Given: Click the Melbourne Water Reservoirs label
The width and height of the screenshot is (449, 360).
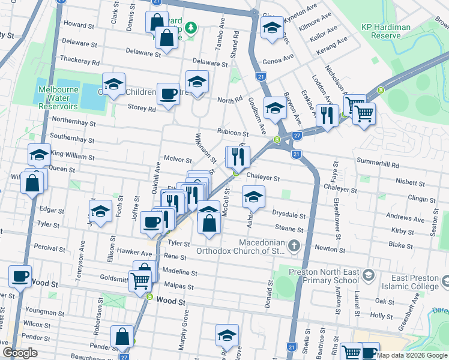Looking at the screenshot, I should click(58, 98).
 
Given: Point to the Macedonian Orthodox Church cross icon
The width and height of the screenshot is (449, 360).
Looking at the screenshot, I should click(294, 245).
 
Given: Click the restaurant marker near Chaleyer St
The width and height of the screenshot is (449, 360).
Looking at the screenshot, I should click(238, 157).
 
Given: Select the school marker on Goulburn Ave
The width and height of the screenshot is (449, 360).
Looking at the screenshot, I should click(274, 108).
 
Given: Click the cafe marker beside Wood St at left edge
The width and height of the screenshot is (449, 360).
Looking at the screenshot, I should click(20, 276).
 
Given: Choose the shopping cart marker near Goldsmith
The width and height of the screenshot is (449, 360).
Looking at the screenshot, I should click(140, 279).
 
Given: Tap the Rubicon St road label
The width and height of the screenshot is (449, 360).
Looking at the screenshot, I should click(234, 133).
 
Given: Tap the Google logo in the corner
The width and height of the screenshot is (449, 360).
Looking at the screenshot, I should click(20, 353).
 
